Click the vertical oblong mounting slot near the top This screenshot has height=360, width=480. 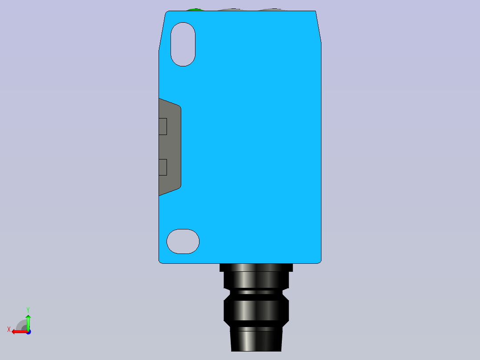point(183,44)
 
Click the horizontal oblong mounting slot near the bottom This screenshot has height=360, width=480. point(183,241)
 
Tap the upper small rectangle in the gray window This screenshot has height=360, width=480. point(163,127)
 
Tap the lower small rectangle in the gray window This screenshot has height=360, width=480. point(163,167)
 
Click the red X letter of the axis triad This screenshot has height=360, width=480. point(9,329)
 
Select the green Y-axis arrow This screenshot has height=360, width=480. point(28,321)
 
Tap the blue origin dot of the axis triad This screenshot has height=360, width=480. point(28,331)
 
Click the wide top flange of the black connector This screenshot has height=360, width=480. point(256,268)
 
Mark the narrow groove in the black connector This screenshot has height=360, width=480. point(256,292)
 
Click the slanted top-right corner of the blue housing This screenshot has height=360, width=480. point(318,27)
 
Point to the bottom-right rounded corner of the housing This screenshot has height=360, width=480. point(318,260)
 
